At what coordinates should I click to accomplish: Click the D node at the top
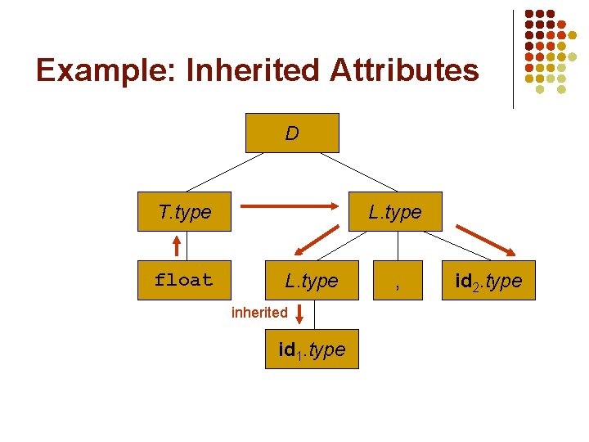click(x=292, y=133)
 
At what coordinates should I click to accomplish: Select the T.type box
click(x=186, y=212)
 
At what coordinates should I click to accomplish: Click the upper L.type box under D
click(x=395, y=212)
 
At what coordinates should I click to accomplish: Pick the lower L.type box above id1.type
click(x=311, y=280)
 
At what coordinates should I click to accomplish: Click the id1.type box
click(x=312, y=350)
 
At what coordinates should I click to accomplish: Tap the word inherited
click(x=259, y=312)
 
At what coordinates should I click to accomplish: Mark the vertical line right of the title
click(x=513, y=59)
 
